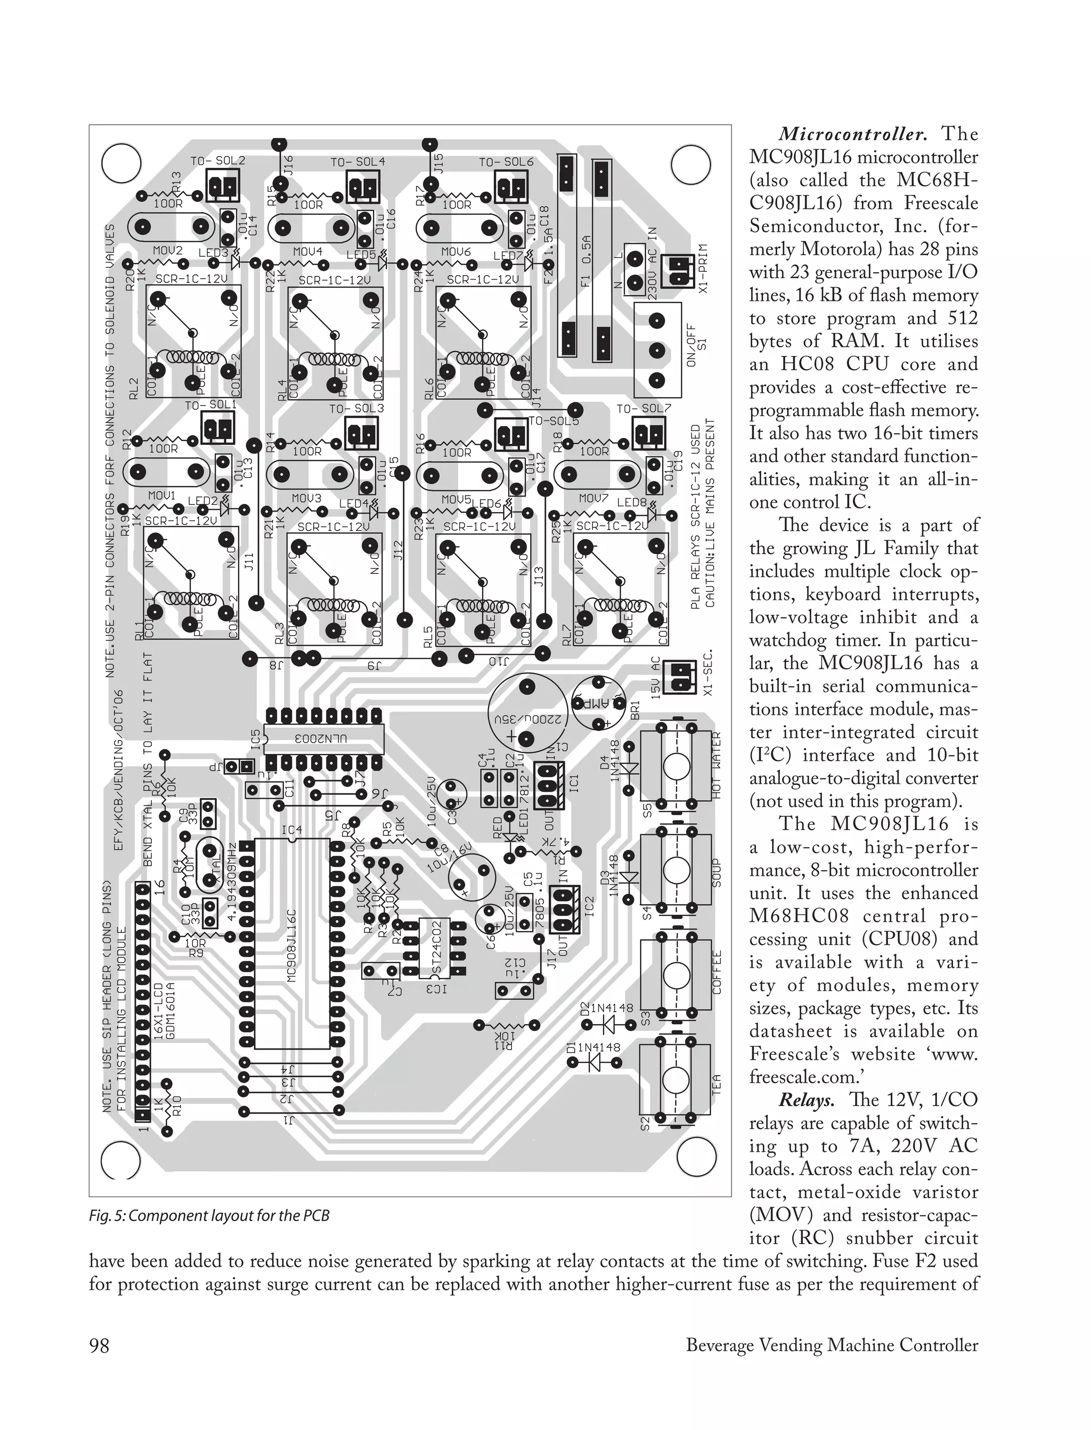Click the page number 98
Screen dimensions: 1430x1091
pos(100,1344)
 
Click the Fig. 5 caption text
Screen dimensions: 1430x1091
pos(209,1216)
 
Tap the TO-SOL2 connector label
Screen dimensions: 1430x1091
pos(217,160)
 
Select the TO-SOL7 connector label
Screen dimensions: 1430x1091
pos(643,409)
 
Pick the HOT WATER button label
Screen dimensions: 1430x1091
pos(718,766)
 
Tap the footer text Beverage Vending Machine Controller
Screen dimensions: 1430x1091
pos(832,1344)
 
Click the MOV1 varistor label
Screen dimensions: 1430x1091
pos(162,495)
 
